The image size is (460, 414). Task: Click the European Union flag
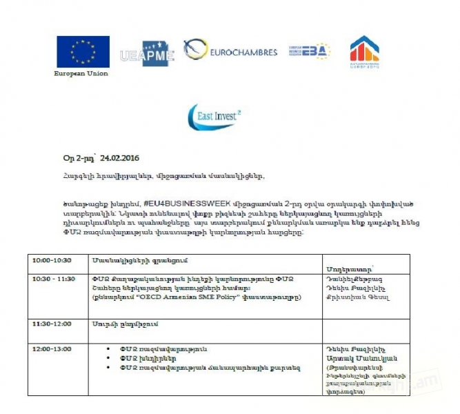tap(83, 51)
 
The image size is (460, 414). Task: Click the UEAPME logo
tap(146, 56)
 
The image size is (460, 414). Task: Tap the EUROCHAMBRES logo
tap(230, 51)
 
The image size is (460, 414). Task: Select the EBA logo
tap(308, 51)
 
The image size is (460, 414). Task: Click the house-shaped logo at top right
tap(365, 52)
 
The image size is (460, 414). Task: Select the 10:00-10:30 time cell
tap(52, 260)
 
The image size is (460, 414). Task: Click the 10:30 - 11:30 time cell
tap(54, 278)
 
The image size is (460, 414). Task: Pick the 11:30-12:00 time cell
tap(52, 323)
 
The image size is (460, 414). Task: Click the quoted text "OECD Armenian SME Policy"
tap(179, 297)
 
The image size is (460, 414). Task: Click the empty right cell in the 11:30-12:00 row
tap(366, 327)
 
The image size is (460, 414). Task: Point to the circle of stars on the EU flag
tap(83, 50)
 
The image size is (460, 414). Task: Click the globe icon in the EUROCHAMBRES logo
tap(197, 50)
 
